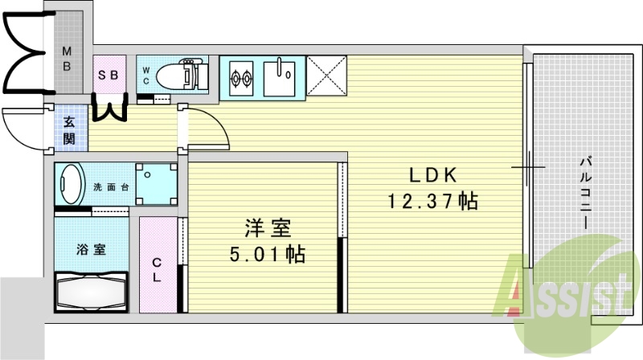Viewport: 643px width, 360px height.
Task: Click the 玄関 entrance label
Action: (x=70, y=130)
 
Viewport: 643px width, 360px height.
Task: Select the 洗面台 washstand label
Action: (x=111, y=187)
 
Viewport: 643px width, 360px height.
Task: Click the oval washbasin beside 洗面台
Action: (x=72, y=186)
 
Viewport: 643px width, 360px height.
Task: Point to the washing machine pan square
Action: (x=155, y=184)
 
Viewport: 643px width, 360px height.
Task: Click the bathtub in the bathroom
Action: (x=91, y=293)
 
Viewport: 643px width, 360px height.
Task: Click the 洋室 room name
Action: (x=266, y=228)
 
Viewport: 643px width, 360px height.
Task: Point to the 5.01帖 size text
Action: (x=266, y=255)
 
